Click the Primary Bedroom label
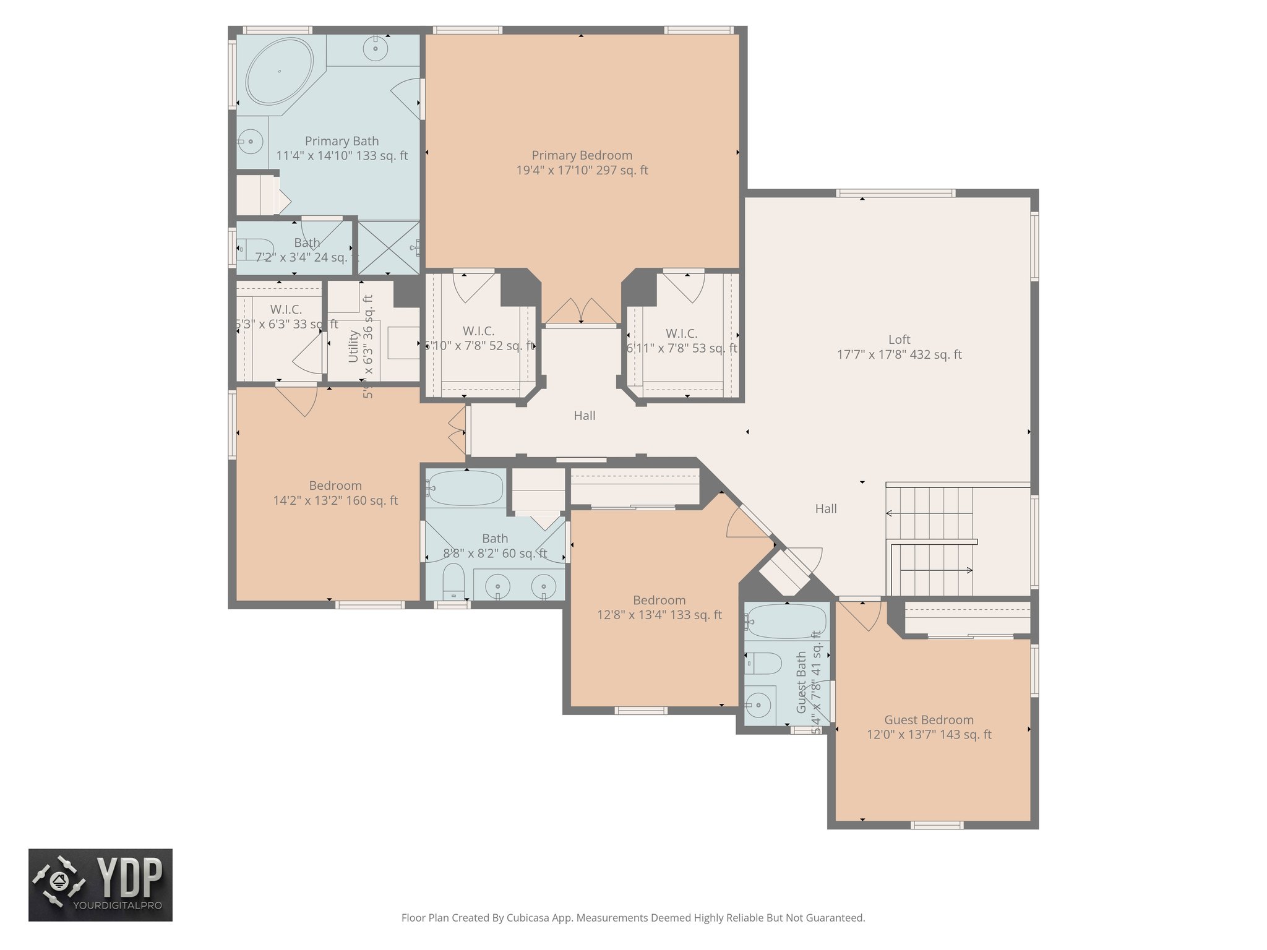[582, 155]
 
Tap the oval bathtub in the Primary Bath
[279, 72]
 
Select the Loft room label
[899, 340]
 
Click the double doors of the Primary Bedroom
[581, 311]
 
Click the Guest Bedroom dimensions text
[929, 735]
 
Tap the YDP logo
[100, 884]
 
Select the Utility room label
[353, 346]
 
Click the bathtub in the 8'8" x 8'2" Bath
[465, 489]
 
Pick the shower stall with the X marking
[389, 247]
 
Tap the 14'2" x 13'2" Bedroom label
[335, 486]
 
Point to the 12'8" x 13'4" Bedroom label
[659, 600]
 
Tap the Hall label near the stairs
[825, 508]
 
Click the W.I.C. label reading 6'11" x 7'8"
[681, 334]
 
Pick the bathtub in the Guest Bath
[786, 620]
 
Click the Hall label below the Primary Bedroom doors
[584, 416]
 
